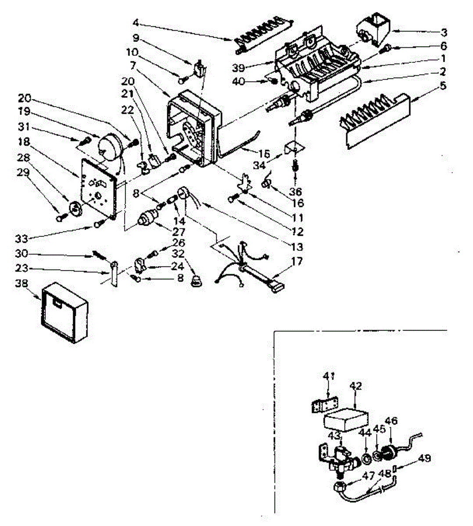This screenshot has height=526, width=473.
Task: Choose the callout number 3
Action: pyautogui.click(x=444, y=32)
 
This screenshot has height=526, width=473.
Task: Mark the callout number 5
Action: pyautogui.click(x=443, y=85)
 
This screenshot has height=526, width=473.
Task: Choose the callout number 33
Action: pyautogui.click(x=21, y=238)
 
